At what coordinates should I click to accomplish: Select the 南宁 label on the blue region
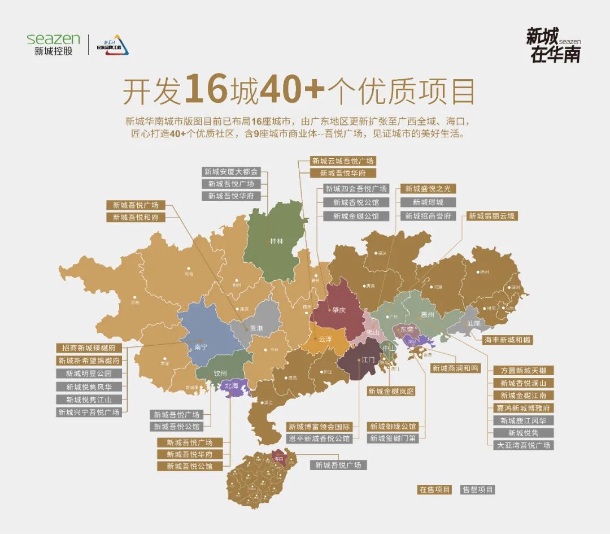coord(201,347)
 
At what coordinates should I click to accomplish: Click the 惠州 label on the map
coord(428,314)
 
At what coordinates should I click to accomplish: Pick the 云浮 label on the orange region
coord(325,340)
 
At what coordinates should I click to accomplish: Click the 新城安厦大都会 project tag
coord(230,171)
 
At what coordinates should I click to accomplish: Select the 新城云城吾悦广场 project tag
coord(343,161)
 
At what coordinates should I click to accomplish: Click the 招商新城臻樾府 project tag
coord(89,348)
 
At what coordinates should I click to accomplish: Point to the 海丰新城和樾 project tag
coord(508,340)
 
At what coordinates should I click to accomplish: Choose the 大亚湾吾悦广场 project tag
coord(523,445)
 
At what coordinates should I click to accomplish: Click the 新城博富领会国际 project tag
coord(320,427)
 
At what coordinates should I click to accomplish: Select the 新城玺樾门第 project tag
coord(393,439)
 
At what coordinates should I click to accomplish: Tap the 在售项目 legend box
coord(434,489)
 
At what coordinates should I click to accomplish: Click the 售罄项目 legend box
coord(477,489)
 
